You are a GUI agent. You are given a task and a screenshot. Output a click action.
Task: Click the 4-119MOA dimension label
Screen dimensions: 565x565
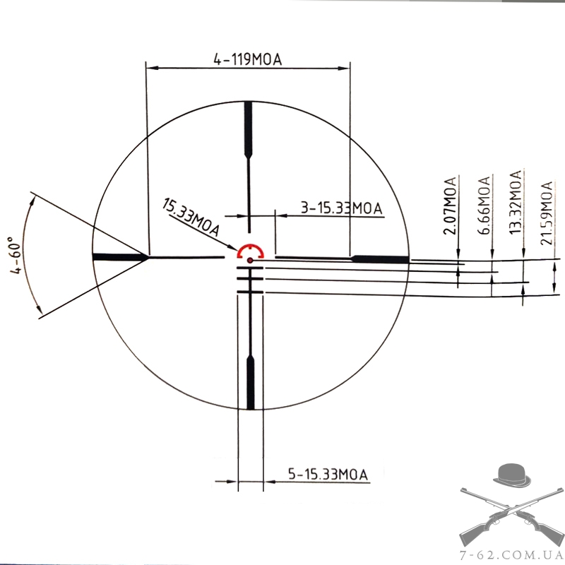click(248, 59)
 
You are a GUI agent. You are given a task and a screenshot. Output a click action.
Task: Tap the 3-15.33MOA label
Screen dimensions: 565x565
click(342, 208)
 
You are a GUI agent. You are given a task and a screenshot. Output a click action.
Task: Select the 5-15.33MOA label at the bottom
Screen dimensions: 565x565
click(328, 474)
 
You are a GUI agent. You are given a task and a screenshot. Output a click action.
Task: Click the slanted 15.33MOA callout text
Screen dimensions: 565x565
click(191, 217)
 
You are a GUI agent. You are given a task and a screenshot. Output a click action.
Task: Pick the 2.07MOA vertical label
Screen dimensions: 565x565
click(450, 206)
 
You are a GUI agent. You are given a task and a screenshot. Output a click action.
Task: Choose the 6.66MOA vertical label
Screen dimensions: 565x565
click(484, 206)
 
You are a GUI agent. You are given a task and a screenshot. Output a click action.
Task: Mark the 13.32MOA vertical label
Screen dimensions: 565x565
click(516, 202)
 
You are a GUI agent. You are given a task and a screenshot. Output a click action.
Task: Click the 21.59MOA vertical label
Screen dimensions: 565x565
click(546, 213)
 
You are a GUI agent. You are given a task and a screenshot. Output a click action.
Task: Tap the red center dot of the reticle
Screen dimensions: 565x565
click(250, 260)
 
